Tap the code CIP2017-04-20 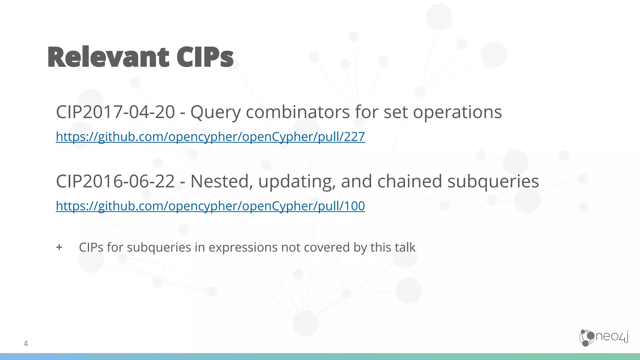(x=115, y=112)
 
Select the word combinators (x=297, y=112)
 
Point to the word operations (x=457, y=112)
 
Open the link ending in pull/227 (x=210, y=137)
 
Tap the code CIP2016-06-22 (x=115, y=181)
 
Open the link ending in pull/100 (x=210, y=206)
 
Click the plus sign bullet (x=59, y=247)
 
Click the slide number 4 (x=26, y=343)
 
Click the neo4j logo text (x=612, y=337)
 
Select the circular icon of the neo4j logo (x=587, y=338)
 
